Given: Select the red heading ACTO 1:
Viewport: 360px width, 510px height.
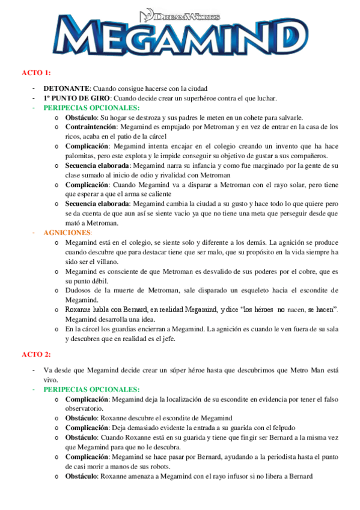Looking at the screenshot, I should point(36,73).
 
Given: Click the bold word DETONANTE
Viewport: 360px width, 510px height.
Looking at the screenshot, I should point(66,88).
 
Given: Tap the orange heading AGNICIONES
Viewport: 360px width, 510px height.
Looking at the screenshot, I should point(68,232).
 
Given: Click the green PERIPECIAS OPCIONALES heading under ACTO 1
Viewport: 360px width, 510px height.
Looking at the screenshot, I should point(91,107).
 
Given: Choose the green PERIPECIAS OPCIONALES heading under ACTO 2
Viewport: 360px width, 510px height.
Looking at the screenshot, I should point(91,390).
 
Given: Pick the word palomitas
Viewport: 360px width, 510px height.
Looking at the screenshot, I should point(81,155).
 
